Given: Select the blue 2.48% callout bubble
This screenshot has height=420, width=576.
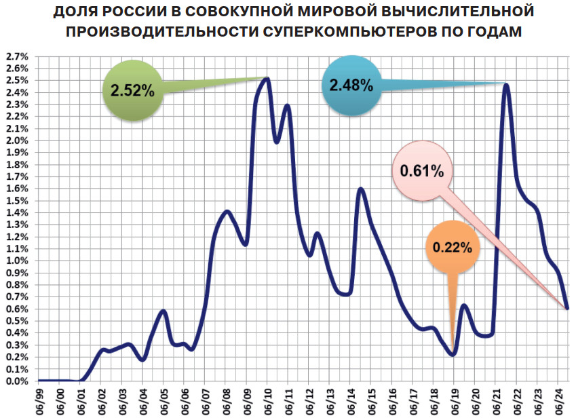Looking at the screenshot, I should click(351, 85).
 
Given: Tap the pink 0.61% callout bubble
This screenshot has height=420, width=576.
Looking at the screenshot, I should click(422, 171).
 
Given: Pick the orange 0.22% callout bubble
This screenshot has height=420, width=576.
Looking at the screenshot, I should click(453, 248).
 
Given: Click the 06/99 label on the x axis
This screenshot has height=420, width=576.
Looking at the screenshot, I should click(39, 401).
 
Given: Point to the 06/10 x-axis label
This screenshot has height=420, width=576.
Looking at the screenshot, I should click(268, 401).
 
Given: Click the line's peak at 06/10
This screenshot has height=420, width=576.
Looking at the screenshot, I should click(267, 79).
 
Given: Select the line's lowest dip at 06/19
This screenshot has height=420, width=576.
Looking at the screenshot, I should click(453, 354).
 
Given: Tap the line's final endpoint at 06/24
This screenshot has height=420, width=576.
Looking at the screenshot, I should click(567, 307).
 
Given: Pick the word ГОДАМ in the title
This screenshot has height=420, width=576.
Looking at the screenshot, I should click(497, 32).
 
